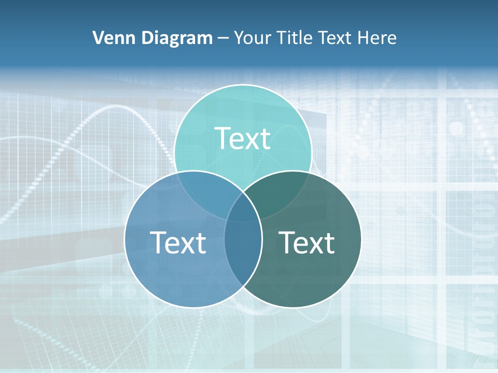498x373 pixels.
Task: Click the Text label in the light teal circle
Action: [x=243, y=138]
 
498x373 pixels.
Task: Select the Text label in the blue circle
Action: [x=178, y=242]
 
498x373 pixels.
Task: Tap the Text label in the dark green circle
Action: [x=307, y=242]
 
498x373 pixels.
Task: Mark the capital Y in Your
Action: [x=239, y=38]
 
